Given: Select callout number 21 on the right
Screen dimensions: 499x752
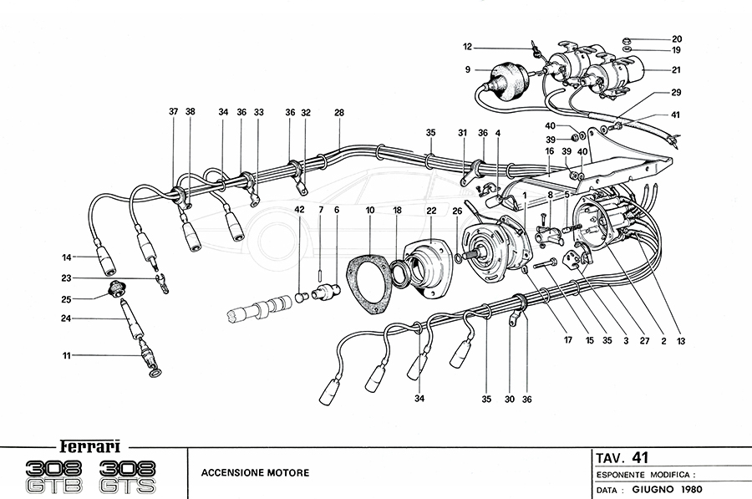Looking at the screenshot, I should tap(676, 69).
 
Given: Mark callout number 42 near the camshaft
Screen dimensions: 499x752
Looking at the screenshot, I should tap(299, 210).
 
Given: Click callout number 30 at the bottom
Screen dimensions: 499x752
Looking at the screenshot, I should tap(510, 400).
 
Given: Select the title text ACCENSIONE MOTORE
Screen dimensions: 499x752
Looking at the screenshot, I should tap(255, 473).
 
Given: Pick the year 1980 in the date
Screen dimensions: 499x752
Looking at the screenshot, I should tap(690, 487).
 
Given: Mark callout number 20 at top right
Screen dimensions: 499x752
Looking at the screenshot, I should tap(676, 38).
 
